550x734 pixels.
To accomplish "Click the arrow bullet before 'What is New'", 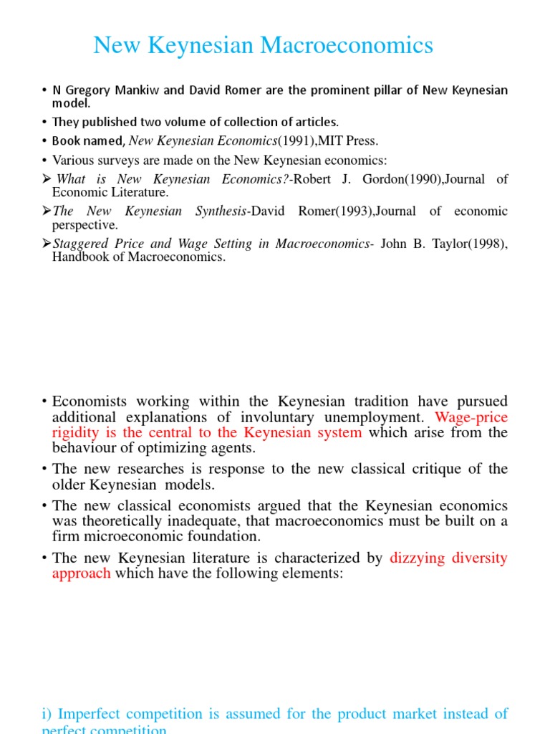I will tap(47, 179).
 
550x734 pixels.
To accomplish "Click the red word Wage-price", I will tap(471, 416).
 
